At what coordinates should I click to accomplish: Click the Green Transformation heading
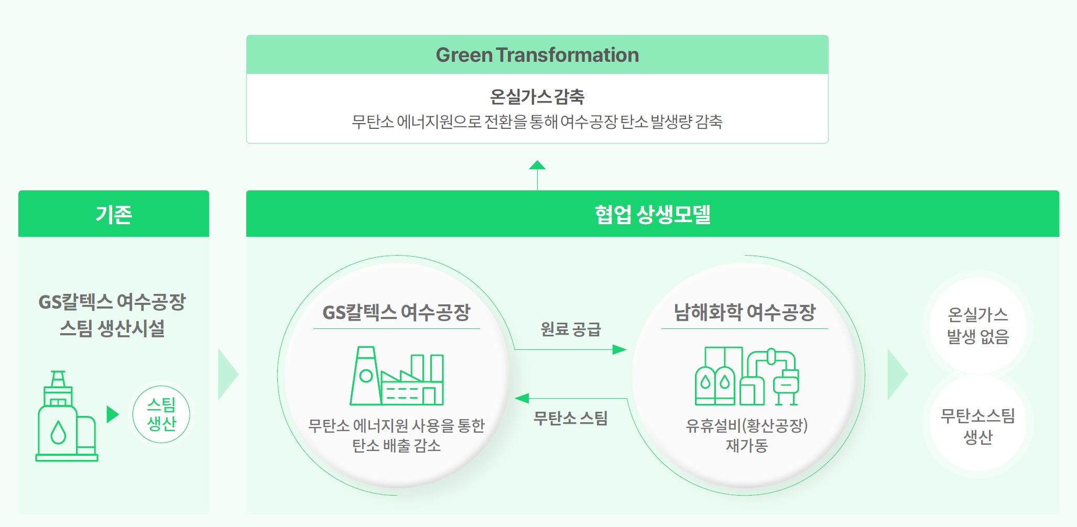(x=537, y=55)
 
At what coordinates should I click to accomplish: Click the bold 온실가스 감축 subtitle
(x=537, y=96)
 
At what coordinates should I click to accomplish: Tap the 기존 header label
(x=114, y=214)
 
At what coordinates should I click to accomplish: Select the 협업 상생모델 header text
(x=652, y=214)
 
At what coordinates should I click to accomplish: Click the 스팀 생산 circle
(x=161, y=414)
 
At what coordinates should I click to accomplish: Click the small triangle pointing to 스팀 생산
(x=112, y=414)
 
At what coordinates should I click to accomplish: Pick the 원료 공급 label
(x=571, y=329)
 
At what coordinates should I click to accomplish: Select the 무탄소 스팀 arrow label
(x=571, y=418)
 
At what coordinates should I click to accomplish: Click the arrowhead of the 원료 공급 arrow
(x=619, y=349)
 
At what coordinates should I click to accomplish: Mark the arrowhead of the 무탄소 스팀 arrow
(x=522, y=399)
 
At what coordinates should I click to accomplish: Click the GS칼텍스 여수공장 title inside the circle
(x=396, y=312)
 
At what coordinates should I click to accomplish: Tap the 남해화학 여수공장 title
(x=745, y=312)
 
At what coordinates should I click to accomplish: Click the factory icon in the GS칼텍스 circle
(x=397, y=376)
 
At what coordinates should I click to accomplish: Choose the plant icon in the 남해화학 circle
(x=746, y=376)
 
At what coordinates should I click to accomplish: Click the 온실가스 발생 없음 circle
(x=977, y=325)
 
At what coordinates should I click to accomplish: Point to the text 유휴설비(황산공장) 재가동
(x=746, y=435)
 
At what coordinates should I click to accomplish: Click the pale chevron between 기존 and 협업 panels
(x=227, y=374)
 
